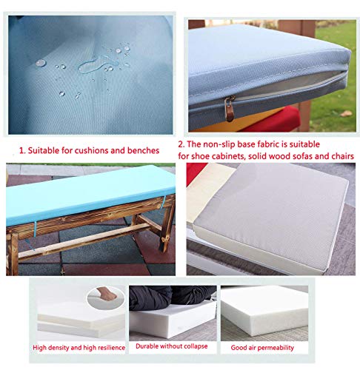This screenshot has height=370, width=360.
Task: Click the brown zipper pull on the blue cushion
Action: pyautogui.click(x=230, y=109)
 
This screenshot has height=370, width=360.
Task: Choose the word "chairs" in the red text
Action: pyautogui.click(x=344, y=156)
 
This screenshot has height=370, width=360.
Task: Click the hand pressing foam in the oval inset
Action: pyautogui.click(x=106, y=294)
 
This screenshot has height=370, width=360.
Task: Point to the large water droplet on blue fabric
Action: pyautogui.click(x=41, y=63)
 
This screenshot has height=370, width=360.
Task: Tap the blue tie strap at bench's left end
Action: pyautogui.click(x=35, y=229)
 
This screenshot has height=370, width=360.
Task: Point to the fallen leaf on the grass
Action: pyautogui.click(x=346, y=113)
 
